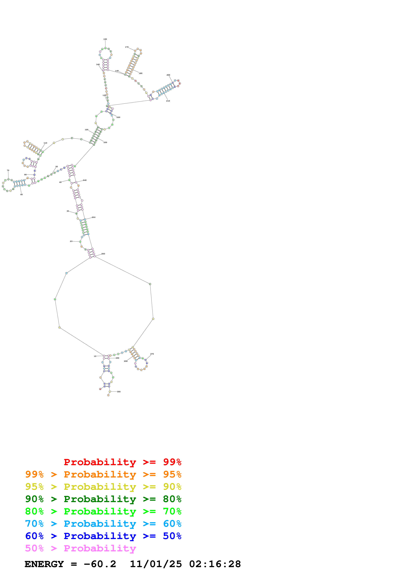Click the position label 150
pyautogui.click(x=105, y=39)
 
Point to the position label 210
pyautogui.click(x=168, y=101)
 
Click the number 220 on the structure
pyautogui.click(x=118, y=117)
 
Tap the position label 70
pyautogui.click(x=8, y=170)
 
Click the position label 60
pyautogui.click(x=22, y=194)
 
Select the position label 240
pyautogui.click(x=85, y=180)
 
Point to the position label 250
pyautogui.click(x=94, y=217)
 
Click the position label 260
pyautogui.click(x=103, y=254)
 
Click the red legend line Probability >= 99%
pyautogui.click(x=122, y=462)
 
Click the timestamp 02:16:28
pyautogui.click(x=215, y=564)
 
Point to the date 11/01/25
pyautogui.click(x=156, y=564)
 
